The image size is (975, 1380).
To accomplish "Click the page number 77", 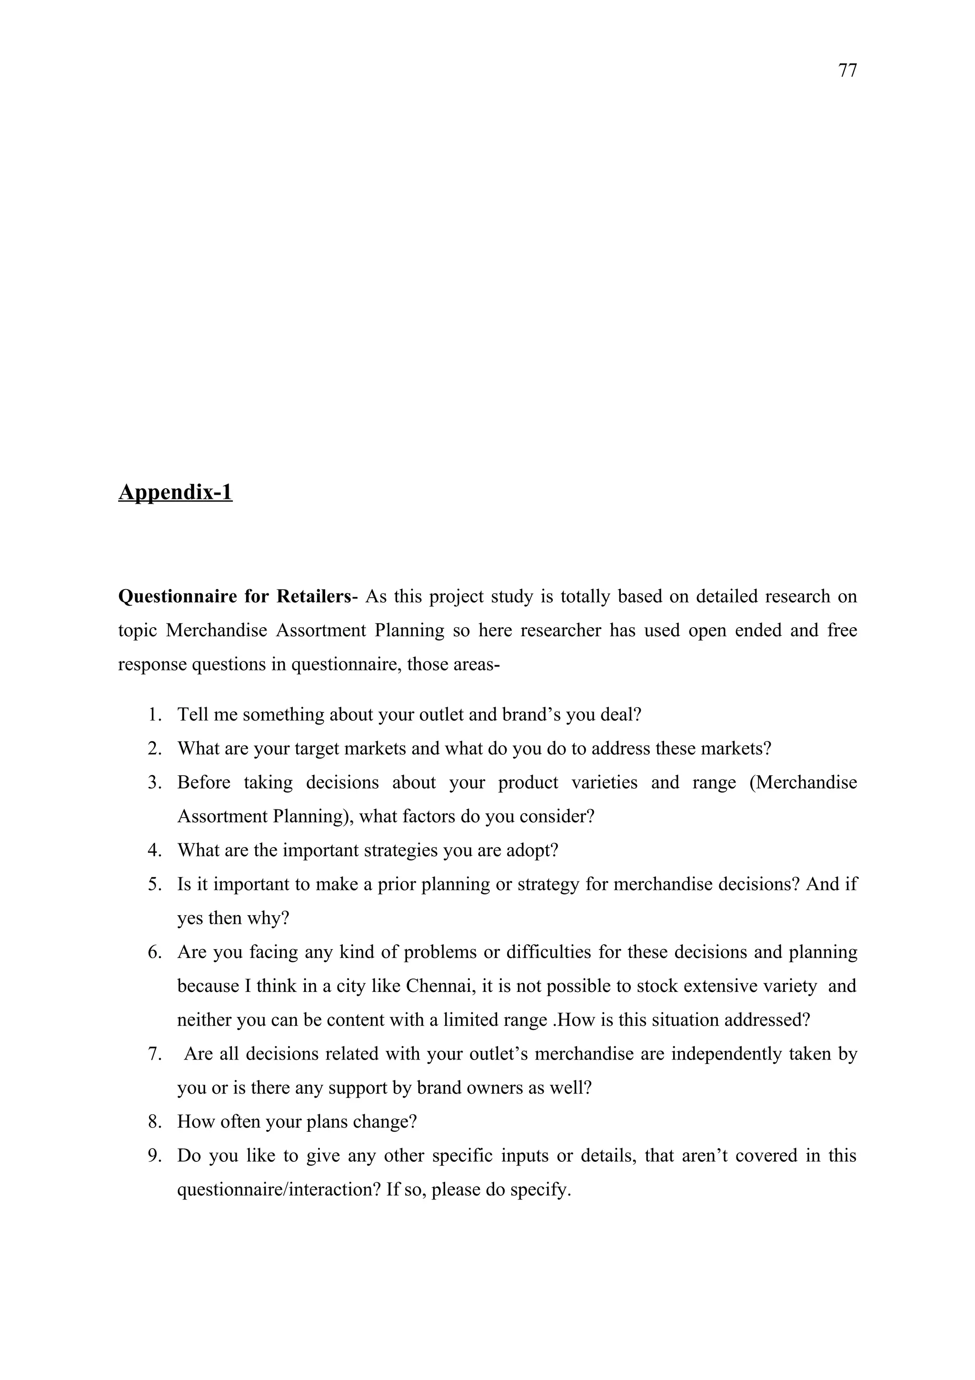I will [847, 71].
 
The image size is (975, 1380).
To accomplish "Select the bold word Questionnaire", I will [177, 596].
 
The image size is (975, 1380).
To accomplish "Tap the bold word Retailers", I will [313, 596].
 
